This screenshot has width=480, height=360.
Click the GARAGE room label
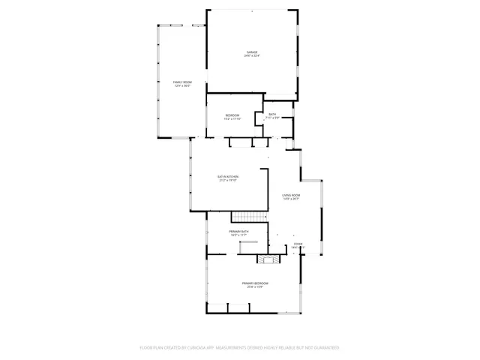coord(251,52)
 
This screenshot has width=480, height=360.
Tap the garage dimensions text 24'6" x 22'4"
coord(251,56)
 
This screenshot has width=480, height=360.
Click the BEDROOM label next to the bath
coord(232,115)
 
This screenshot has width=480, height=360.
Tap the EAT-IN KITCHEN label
coord(228,176)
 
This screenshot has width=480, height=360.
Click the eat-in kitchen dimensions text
coord(228,181)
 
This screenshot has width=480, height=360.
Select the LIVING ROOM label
coord(291,195)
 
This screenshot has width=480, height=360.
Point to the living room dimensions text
coord(291,199)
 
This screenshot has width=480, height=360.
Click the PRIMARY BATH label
coord(238,231)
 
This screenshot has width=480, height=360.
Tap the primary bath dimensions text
coord(238,235)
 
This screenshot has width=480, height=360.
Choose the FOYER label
coord(298,244)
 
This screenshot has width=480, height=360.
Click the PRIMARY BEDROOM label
coord(255,283)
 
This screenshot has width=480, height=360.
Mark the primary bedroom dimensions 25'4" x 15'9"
coord(255,287)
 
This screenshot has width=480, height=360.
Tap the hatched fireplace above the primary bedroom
coord(268,259)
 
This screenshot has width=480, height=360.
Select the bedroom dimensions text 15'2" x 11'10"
coord(232,119)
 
